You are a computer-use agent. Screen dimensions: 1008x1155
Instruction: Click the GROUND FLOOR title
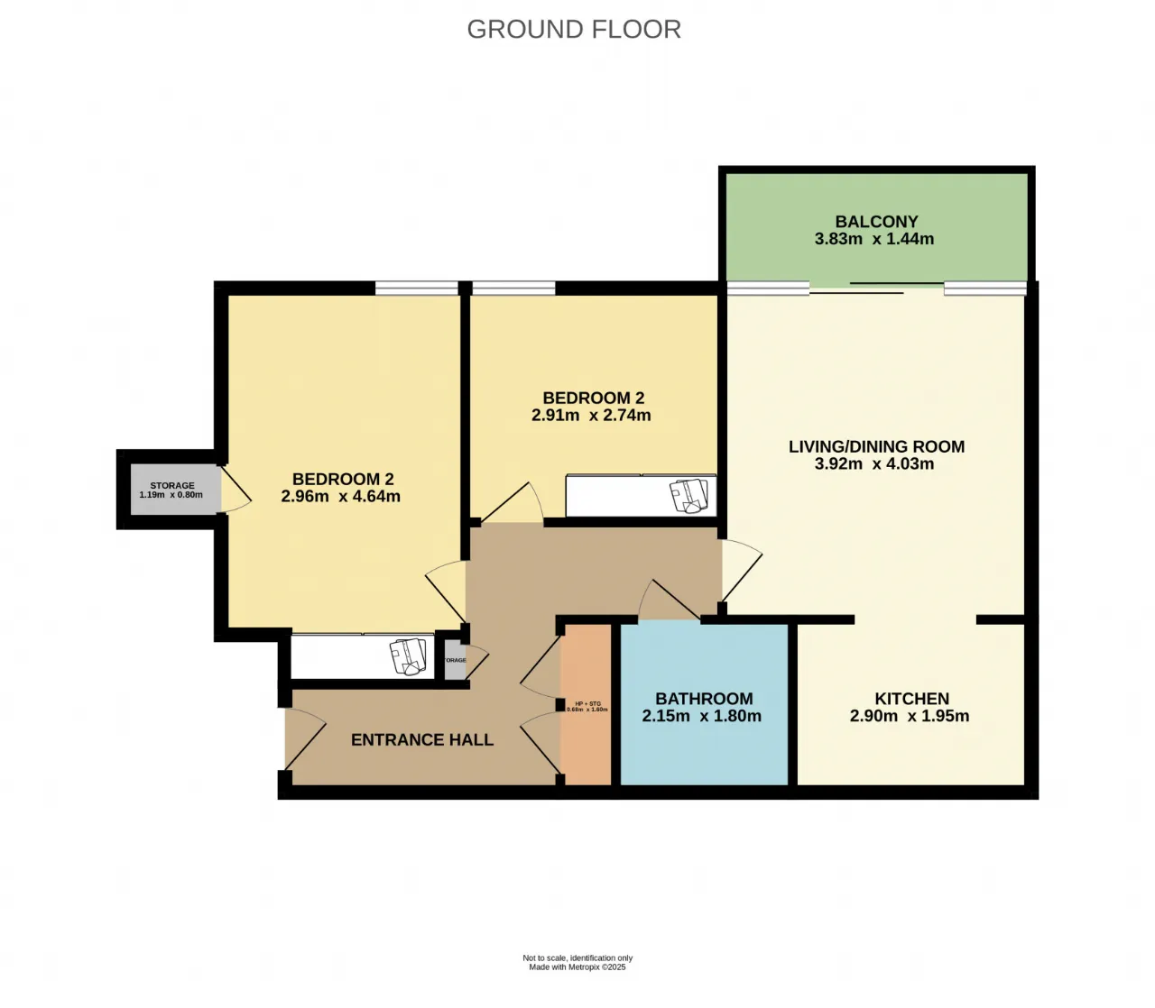(574, 29)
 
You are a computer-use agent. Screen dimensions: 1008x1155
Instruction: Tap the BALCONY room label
(876, 221)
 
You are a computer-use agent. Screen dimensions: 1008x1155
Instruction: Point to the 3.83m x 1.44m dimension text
(874, 239)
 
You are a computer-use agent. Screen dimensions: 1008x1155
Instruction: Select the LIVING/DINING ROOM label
(876, 446)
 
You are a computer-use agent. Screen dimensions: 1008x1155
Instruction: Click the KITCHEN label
(911, 699)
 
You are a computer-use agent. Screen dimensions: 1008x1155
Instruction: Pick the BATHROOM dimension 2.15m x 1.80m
(701, 717)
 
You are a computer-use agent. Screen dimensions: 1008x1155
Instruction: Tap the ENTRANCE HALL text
(422, 740)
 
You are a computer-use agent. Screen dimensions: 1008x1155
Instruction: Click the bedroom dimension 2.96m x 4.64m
(340, 496)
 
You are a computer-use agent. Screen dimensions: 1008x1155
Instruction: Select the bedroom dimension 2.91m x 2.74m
(591, 416)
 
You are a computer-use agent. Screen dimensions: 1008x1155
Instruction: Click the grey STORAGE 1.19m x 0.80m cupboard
(172, 490)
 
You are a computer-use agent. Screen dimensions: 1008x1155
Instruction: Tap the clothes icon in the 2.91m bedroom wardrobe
(689, 496)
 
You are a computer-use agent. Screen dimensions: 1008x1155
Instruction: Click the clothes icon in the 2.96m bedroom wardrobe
(409, 655)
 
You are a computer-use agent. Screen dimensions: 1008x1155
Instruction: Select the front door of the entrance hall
(303, 739)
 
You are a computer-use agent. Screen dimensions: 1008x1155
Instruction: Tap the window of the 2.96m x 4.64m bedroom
(417, 289)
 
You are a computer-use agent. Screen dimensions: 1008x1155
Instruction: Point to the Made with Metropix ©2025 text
(577, 967)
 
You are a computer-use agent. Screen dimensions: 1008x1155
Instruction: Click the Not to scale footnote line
(577, 958)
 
